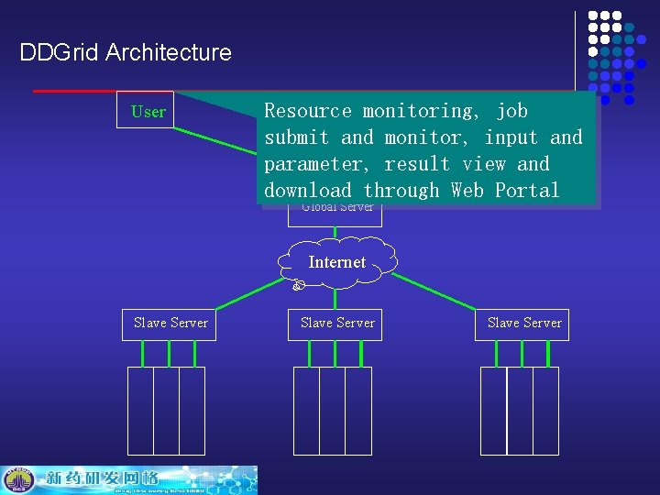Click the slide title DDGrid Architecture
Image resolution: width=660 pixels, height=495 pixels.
pos(126,52)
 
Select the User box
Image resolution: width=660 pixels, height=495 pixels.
pos(148,111)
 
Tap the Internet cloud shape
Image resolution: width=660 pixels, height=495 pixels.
pos(337,262)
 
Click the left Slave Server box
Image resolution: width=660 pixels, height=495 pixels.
pos(170,323)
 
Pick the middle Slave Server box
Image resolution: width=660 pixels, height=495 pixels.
pos(337,323)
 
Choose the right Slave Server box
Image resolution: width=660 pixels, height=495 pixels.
pos(523,323)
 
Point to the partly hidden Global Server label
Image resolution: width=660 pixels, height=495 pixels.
pos(336,208)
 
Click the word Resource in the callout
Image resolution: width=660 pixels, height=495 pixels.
pos(307,111)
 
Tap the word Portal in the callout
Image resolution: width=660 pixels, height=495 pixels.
pos(526,191)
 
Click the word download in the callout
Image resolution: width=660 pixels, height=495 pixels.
pos(307,191)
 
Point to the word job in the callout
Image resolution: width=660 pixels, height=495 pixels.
pos(511,111)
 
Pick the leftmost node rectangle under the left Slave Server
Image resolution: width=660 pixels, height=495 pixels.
pos(140,411)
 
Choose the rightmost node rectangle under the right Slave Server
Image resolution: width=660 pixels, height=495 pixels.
pos(545,411)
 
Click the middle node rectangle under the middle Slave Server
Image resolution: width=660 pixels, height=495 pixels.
pos(333,411)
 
